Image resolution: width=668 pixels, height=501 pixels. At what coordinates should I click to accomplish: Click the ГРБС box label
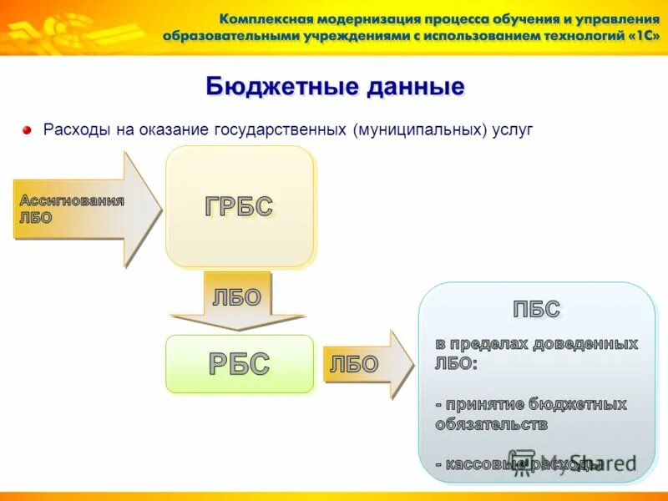click(240, 205)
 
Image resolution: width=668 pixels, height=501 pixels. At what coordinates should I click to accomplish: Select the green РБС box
click(240, 364)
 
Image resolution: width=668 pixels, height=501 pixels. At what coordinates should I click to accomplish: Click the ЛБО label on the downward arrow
click(237, 298)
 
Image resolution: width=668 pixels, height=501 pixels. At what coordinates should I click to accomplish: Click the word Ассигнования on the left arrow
click(72, 201)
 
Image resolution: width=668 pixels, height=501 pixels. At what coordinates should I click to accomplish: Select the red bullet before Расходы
click(28, 130)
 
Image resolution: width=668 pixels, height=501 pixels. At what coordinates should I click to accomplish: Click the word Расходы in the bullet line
click(74, 130)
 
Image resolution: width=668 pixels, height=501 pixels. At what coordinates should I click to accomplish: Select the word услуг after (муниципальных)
click(510, 130)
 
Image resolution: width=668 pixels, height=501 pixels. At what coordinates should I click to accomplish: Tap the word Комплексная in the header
click(268, 18)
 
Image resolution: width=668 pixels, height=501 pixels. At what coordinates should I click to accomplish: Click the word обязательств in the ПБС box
click(491, 424)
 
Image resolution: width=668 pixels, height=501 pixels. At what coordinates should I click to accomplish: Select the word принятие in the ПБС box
click(479, 404)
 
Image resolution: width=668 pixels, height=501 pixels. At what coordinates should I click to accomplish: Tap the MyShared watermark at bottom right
click(576, 464)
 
